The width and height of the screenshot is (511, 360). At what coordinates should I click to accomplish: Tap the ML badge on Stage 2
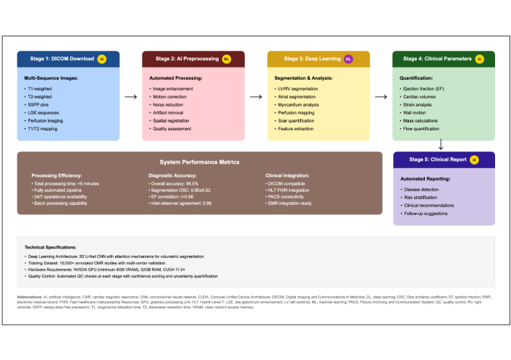coord(227,59)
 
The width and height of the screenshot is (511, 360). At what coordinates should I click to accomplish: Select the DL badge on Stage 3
coord(347,59)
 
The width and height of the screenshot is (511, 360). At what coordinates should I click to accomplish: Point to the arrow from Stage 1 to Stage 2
coord(131,95)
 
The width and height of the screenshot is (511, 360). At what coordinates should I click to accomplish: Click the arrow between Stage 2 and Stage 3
coord(255,95)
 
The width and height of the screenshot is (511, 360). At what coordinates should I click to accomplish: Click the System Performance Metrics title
coord(199,162)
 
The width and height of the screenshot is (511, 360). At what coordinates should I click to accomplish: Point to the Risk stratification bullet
coord(421,196)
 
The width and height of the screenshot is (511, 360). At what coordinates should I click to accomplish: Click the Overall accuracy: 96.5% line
coord(175,183)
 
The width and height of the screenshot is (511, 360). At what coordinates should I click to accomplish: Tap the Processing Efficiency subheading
coord(57,175)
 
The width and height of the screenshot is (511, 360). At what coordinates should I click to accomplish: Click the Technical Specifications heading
coord(55,247)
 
